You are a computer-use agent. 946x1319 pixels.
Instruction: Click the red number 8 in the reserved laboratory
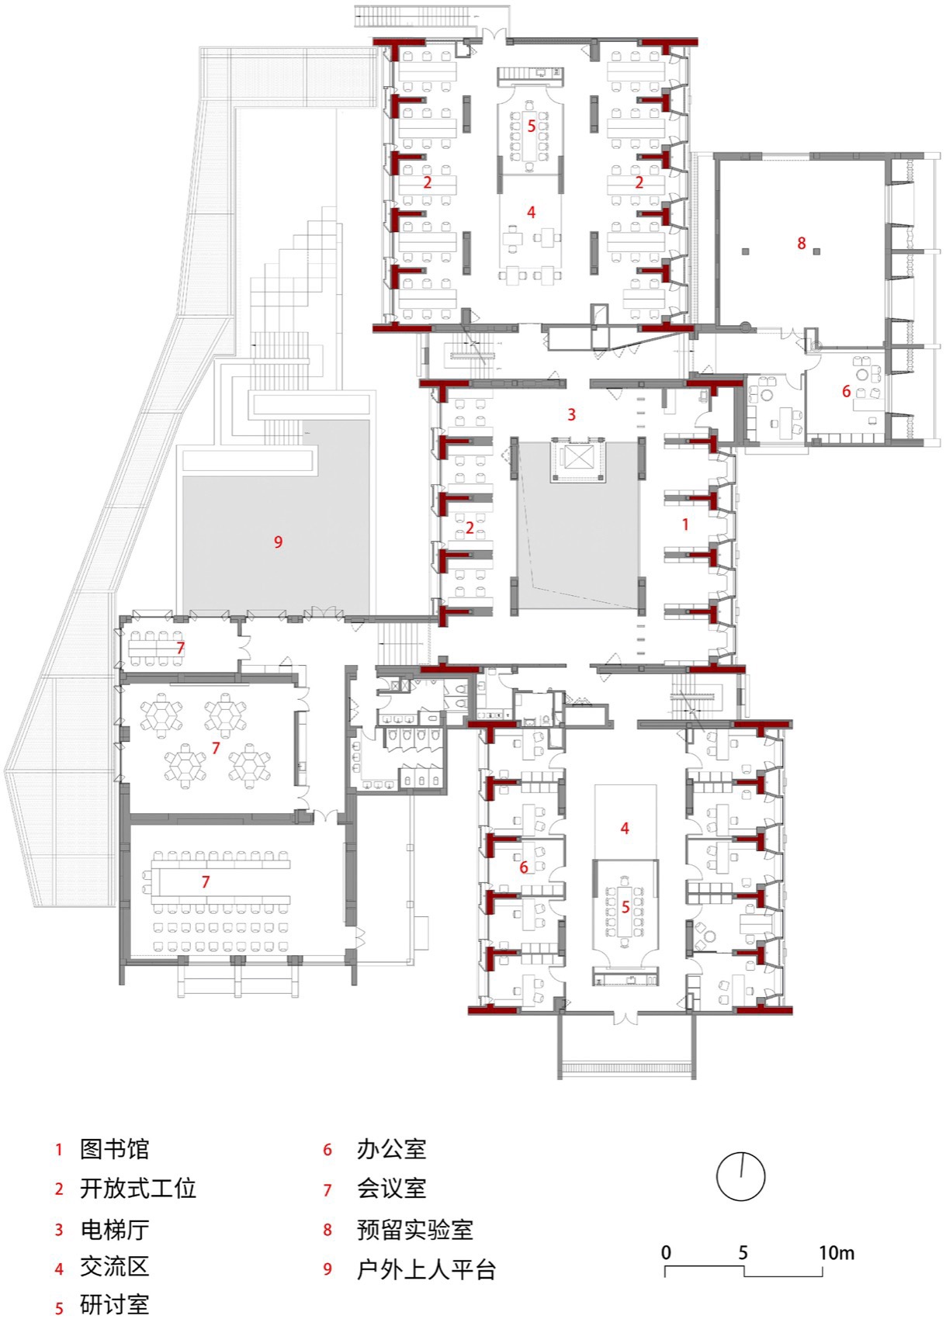[802, 244]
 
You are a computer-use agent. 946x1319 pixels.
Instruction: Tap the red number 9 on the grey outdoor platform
[278, 542]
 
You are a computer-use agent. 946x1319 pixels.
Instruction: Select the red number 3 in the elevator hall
[572, 414]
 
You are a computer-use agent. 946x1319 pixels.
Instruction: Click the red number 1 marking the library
[685, 524]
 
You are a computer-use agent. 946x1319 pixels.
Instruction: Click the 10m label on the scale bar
[836, 1252]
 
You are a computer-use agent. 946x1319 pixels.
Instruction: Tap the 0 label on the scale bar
[666, 1252]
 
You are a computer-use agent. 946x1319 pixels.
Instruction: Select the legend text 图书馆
[114, 1149]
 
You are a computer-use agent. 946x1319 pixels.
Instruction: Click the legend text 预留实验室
[414, 1230]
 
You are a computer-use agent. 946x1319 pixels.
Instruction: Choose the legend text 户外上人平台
[426, 1270]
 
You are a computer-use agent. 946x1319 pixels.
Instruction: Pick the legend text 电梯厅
[114, 1230]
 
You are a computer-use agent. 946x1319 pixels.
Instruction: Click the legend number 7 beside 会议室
[327, 1189]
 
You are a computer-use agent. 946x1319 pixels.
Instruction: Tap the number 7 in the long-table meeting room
[206, 881]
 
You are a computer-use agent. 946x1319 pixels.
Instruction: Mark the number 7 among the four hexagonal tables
[216, 748]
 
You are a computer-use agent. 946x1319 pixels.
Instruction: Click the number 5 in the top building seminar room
[532, 126]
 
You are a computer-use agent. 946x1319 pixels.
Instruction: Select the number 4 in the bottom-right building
[625, 829]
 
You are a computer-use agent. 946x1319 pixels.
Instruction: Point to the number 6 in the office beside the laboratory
[847, 392]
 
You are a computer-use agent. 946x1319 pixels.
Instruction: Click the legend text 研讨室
[114, 1305]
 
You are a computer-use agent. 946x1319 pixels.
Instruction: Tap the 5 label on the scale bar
[743, 1252]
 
